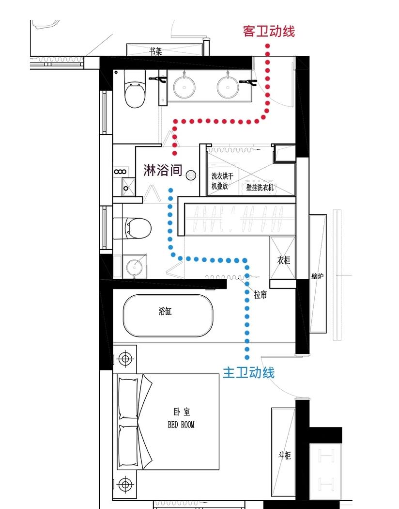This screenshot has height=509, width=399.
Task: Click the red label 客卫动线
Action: point(269,31)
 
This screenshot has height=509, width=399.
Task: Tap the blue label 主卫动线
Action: point(248,372)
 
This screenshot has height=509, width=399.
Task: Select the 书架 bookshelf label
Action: point(155,51)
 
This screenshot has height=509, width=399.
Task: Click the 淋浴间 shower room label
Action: point(163,170)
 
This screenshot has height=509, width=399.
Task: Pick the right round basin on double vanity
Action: point(228,86)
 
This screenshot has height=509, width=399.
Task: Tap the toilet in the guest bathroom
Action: point(135,89)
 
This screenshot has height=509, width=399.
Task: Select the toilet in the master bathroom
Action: point(132,228)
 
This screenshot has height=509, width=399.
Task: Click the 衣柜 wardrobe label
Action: point(284,260)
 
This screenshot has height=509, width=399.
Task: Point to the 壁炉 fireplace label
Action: point(317,276)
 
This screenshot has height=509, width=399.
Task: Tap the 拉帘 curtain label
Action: point(261,294)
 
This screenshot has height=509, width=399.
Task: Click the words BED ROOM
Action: point(181,425)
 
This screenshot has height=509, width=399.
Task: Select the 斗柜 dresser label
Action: point(285,455)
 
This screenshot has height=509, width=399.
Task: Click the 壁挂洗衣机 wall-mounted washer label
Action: point(260,187)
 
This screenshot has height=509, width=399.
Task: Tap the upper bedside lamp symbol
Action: point(125,359)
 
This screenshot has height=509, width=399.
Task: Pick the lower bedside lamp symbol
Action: point(125,485)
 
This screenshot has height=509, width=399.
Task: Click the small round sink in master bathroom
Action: point(135,267)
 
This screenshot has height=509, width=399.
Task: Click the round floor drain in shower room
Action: point(191,175)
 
